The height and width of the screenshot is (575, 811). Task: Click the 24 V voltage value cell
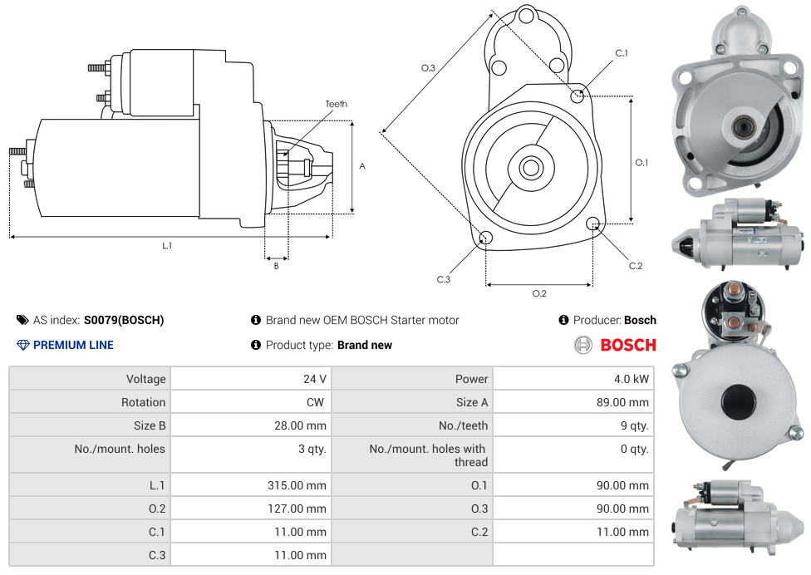click(x=314, y=379)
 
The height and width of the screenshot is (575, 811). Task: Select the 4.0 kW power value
click(x=630, y=379)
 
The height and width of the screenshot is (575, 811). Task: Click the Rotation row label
click(x=143, y=402)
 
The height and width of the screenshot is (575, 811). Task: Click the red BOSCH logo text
click(x=628, y=345)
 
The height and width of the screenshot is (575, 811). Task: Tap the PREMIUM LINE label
click(x=73, y=345)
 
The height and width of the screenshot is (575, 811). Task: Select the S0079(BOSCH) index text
click(x=124, y=320)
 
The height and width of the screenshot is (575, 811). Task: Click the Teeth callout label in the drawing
click(x=337, y=104)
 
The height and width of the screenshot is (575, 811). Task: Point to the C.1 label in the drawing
click(x=622, y=53)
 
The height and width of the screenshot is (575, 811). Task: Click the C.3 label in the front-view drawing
click(x=444, y=279)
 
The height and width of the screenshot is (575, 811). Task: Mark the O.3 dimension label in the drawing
click(x=429, y=68)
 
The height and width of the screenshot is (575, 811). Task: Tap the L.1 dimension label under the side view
click(x=167, y=245)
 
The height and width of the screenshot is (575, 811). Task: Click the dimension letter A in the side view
click(x=362, y=166)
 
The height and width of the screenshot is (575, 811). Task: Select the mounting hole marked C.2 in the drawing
click(x=593, y=224)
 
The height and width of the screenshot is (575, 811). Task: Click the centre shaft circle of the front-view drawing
click(x=530, y=168)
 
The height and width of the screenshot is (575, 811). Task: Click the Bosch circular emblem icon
click(x=583, y=345)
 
